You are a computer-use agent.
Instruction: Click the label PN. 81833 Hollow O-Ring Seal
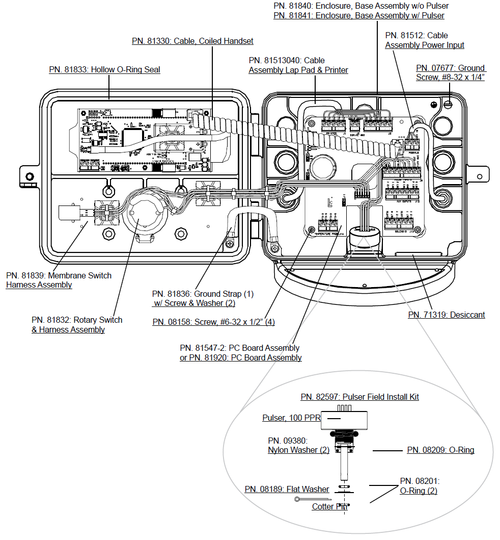(104, 69)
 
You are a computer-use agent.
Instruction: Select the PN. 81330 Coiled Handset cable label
(192, 41)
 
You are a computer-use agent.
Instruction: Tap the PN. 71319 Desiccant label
(447, 315)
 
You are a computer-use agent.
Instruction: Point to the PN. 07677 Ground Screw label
(451, 72)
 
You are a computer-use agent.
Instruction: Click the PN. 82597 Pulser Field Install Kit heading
(359, 397)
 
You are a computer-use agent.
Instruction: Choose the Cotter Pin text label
(329, 506)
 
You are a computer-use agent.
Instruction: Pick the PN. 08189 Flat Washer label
(287, 489)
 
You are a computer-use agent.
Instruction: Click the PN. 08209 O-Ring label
(440, 450)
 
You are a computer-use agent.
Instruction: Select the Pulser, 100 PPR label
(291, 418)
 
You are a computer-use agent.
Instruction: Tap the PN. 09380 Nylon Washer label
(298, 445)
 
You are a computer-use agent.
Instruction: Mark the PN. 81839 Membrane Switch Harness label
(59, 280)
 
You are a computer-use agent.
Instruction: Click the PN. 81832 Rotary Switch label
(77, 324)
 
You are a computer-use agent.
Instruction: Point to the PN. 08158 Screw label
(214, 322)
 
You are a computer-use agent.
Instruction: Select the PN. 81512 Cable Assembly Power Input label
(425, 40)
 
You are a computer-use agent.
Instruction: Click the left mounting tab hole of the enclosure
(30, 177)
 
